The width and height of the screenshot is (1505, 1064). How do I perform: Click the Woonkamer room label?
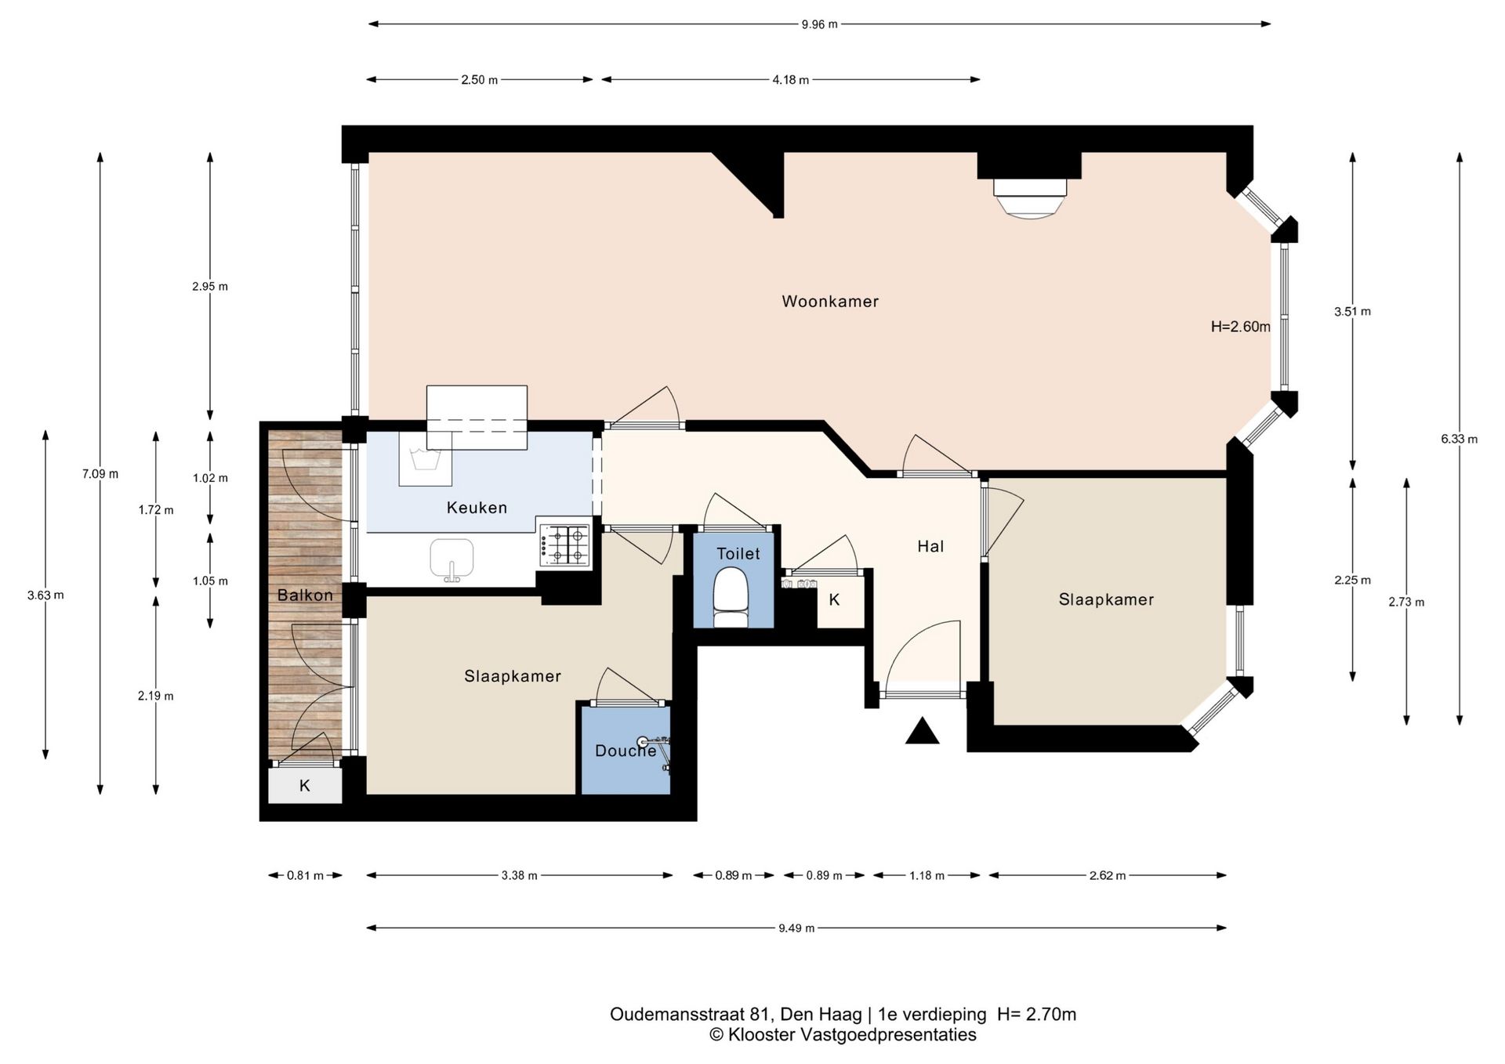(830, 302)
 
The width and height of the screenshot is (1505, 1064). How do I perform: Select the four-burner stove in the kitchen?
(564, 545)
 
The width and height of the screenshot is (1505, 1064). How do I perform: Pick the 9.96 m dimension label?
(819, 24)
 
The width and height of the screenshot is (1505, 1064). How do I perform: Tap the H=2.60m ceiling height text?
(1240, 327)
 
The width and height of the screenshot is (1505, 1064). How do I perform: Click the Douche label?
(626, 751)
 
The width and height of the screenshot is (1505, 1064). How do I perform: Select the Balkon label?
(305, 595)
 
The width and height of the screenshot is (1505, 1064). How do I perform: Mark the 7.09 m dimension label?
(100, 473)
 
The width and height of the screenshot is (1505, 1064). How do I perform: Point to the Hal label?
(930, 546)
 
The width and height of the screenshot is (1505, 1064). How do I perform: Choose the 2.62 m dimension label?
(1107, 875)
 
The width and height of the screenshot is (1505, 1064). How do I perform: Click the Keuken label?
(477, 508)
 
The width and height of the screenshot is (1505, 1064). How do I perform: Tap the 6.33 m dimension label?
(1459, 439)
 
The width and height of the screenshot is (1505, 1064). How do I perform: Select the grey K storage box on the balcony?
(305, 785)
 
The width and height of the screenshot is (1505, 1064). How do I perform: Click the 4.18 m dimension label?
(790, 80)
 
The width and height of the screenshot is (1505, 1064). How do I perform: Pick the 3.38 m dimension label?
(519, 875)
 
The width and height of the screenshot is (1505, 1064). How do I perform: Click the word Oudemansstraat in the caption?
(677, 1014)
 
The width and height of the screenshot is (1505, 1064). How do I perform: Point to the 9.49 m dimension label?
(796, 928)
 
